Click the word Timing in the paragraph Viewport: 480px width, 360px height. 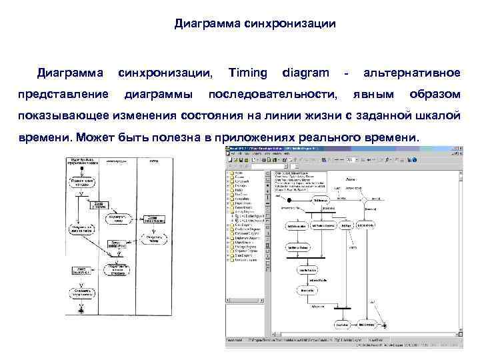(247, 72)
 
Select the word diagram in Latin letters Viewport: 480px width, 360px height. (305, 72)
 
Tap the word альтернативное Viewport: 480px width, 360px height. (411, 72)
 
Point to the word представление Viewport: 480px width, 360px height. (63, 93)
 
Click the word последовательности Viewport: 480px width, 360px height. (273, 93)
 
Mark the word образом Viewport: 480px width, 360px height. (434, 93)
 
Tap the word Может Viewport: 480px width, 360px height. (101, 137)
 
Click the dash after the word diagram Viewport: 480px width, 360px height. (346, 72)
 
